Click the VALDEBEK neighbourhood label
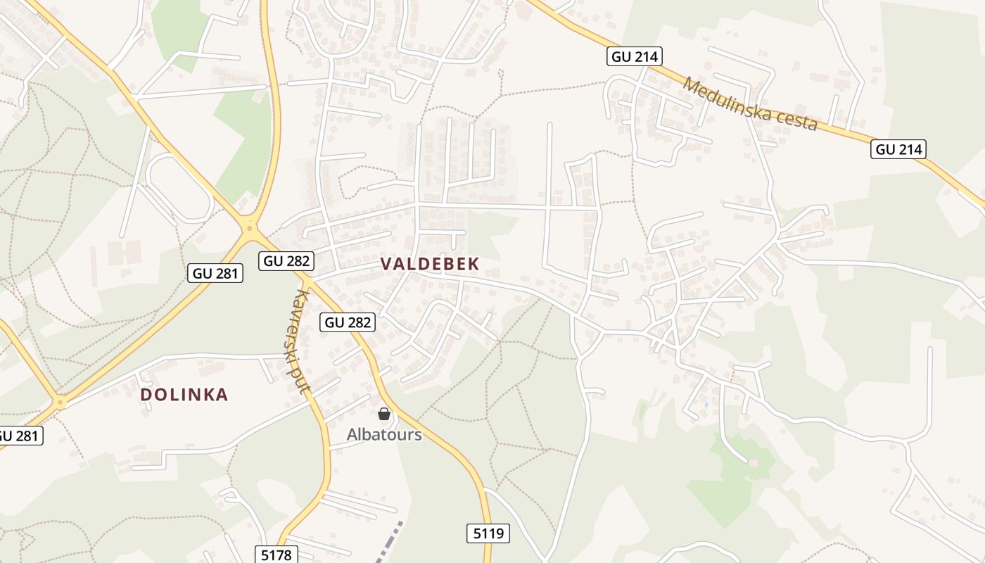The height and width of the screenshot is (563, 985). coord(430,264)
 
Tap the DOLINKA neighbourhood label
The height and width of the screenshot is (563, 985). coord(184,395)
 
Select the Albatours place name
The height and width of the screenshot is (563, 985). coord(384,434)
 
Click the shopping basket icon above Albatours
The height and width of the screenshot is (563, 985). coord(384,414)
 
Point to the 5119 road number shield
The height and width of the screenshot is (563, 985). coord(488,533)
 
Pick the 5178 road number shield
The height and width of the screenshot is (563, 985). coord(276,555)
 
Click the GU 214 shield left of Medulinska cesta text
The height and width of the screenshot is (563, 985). coord(635,57)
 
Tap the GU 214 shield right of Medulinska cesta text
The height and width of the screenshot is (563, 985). coord(898,149)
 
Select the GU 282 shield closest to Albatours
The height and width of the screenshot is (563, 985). coord(348,322)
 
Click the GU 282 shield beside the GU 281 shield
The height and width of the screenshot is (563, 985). coord(286,261)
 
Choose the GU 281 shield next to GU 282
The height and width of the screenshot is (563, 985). coord(215,273)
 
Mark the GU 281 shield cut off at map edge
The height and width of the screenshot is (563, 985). coord(19,436)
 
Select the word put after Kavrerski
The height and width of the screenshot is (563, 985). coord(305,380)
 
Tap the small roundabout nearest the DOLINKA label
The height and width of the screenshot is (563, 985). coord(61,403)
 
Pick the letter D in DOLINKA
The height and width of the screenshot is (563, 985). coord(146,395)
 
